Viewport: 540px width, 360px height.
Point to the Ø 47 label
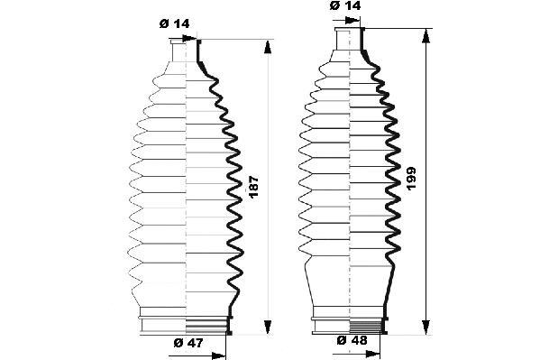click(188, 344)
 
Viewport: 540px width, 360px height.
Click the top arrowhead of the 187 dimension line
click(268, 46)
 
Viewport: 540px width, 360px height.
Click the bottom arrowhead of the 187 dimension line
click(268, 328)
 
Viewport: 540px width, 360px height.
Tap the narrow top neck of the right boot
click(350, 36)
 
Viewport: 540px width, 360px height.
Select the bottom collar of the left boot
click(185, 324)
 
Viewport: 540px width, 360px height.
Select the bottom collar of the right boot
click(350, 324)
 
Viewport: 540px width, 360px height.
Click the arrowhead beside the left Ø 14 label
click(192, 39)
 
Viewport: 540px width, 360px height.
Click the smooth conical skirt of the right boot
click(350, 285)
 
